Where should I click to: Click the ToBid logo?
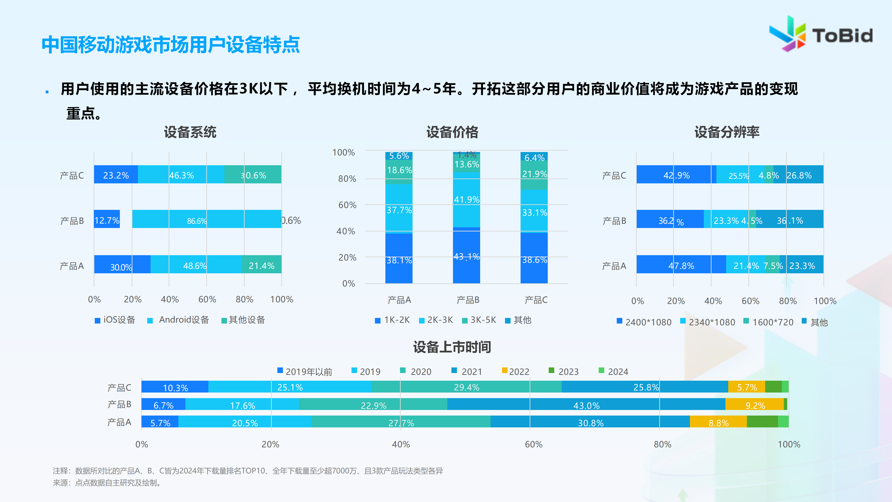[x=821, y=35]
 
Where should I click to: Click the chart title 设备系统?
[x=190, y=132]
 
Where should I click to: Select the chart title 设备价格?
[x=452, y=132]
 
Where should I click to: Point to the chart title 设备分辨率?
[x=727, y=132]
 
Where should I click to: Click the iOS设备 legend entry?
[x=115, y=320]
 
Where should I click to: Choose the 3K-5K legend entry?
[x=480, y=320]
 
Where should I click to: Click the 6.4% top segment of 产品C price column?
[x=534, y=157]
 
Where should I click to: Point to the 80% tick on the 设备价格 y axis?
[x=347, y=179]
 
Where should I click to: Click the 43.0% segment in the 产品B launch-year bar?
[x=586, y=404]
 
